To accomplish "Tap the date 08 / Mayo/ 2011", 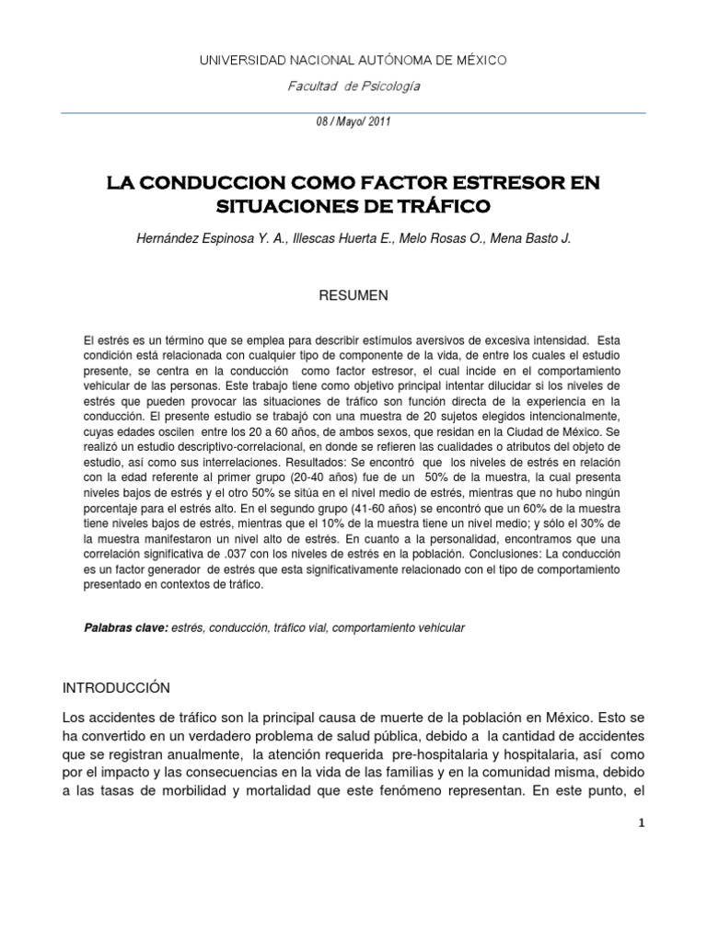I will coord(353,126).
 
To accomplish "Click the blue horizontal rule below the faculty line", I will coord(353,112).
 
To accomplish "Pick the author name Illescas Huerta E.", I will coord(334,238).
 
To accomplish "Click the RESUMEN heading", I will coord(353,295).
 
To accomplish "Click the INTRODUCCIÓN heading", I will coord(117,687).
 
